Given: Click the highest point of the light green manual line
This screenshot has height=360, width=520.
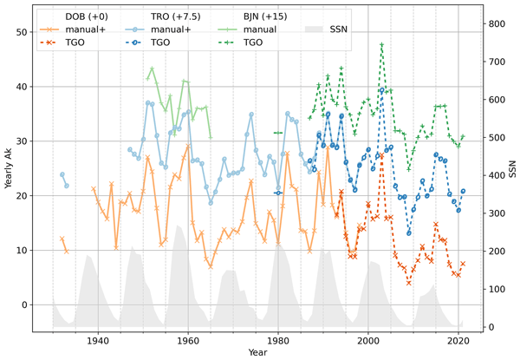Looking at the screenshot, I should [153, 67].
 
